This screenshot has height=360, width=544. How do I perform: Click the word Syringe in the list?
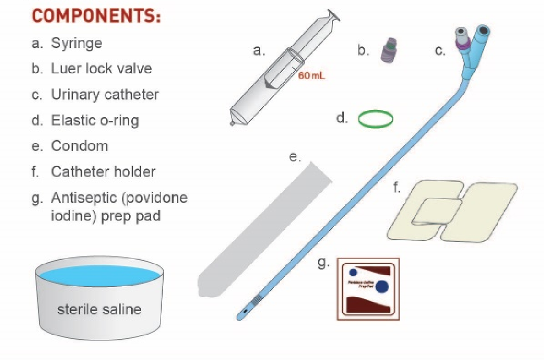pos(76,43)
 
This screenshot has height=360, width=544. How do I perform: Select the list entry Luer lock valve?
pos(101,68)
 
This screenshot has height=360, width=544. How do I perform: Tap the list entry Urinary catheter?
pos(105,95)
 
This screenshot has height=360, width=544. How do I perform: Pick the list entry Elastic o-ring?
pos(95,121)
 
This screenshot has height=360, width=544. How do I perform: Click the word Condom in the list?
pos(79,146)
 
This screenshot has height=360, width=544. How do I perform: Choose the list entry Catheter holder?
pos(103,172)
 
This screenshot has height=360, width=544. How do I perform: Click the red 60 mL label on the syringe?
pos(311,76)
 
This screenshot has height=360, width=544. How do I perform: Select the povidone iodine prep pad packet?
pos(368,290)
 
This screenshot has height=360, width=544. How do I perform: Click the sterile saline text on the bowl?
pos(99,309)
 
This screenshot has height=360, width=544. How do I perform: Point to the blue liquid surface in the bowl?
pos(99,276)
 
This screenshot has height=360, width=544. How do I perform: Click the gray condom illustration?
pos(266,228)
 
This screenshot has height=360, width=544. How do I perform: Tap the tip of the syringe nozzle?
pos(232,124)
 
